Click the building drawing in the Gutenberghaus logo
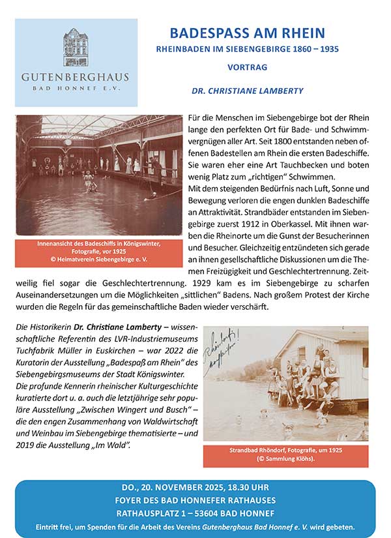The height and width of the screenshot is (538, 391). pos(76,47)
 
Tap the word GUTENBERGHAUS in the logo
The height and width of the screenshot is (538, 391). pos(76,76)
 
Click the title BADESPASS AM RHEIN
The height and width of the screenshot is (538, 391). pos(247,33)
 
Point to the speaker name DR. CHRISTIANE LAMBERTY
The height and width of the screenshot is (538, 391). pos(248,91)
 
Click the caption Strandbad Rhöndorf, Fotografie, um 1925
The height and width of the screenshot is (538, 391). pos(285,455)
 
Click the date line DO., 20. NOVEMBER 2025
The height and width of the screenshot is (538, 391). pos(195,487)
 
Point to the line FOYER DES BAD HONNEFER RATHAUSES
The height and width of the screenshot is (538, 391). pos(195,500)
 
